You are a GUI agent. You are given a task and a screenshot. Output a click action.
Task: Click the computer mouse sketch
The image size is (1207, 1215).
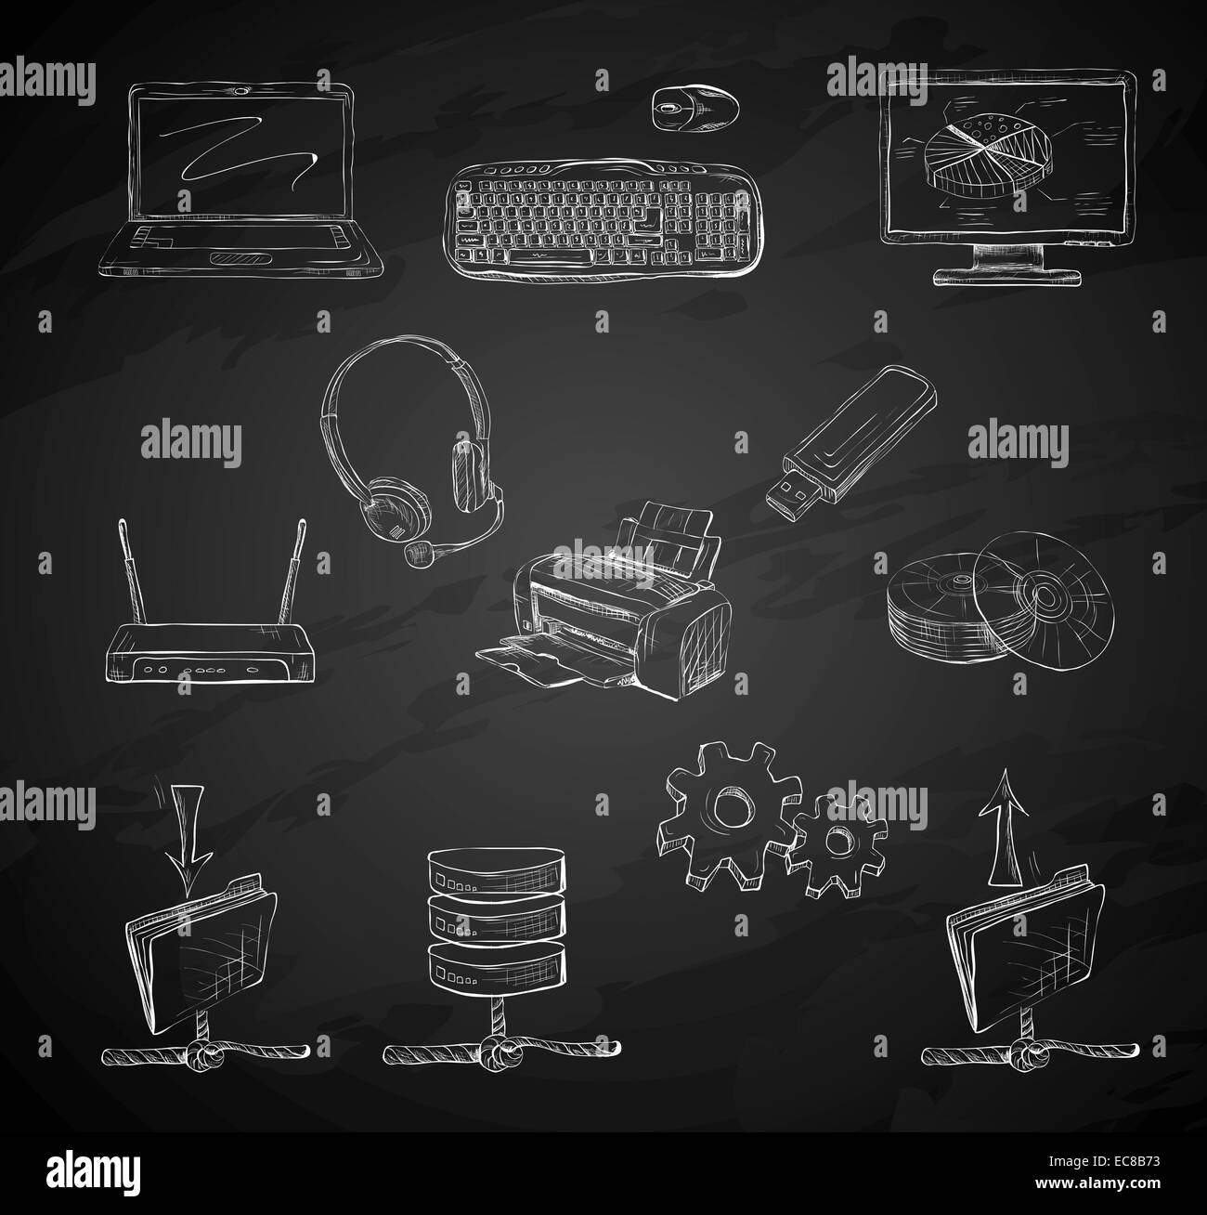pyautogui.click(x=695, y=108)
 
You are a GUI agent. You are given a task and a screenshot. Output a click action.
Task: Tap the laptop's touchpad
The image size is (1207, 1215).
pyautogui.click(x=240, y=258)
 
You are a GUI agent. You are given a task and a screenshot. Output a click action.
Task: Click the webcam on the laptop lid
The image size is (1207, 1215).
pyautogui.click(x=240, y=91)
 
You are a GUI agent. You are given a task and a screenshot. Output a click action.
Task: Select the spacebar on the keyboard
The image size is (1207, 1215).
pyautogui.click(x=551, y=256)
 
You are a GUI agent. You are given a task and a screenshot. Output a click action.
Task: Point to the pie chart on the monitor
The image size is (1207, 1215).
pyautogui.click(x=988, y=154)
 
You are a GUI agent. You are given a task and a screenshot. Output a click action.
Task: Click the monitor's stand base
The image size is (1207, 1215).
pyautogui.click(x=1007, y=278)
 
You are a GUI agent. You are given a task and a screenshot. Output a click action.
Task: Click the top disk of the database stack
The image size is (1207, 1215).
pyautogui.click(x=497, y=869)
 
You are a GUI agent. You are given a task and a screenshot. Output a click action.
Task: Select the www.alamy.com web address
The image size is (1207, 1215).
pyautogui.click(x=1097, y=1183)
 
